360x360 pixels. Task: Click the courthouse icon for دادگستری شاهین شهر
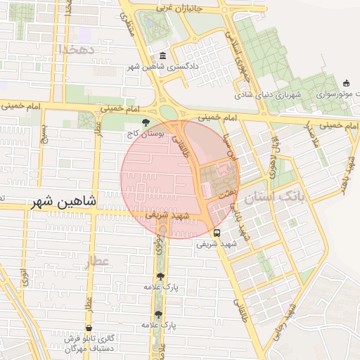click(163, 56)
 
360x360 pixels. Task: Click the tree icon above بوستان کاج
click(146, 122)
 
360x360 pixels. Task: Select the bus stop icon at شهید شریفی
click(216, 233)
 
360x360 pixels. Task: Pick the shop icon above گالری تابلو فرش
click(89, 328)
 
